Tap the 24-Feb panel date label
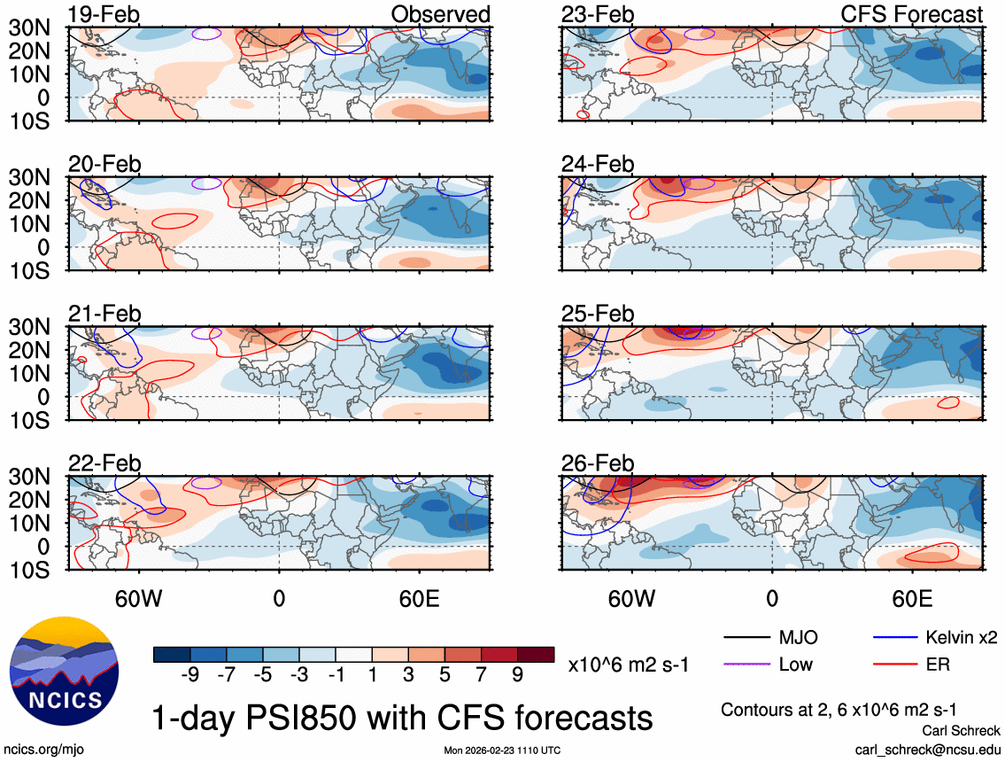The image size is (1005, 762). coord(599,165)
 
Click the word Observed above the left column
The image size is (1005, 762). coord(441,15)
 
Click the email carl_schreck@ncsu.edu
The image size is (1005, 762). coord(928,749)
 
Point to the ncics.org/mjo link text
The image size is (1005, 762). coord(41,750)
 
